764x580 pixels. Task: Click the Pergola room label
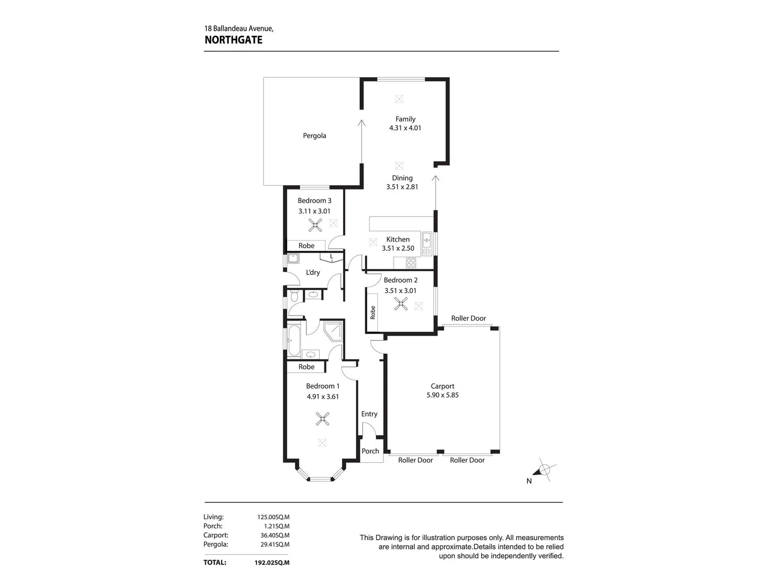315,136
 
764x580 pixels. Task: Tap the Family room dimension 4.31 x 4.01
405,128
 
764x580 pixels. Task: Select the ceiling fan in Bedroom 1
322,419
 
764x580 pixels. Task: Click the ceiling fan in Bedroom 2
401,305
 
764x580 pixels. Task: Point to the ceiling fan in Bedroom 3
315,225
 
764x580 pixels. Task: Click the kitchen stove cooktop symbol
411,263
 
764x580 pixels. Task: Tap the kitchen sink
427,243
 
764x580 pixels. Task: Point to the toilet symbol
294,296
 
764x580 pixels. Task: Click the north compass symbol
545,470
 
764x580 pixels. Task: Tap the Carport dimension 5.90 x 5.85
442,395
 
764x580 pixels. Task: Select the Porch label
370,451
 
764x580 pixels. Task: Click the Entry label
369,414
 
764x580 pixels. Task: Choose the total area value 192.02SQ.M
272,563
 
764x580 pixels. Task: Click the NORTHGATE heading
233,40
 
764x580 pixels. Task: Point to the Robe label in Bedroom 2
373,313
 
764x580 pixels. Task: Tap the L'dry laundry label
313,272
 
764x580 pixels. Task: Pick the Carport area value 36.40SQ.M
273,535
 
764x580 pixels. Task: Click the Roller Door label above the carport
468,318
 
